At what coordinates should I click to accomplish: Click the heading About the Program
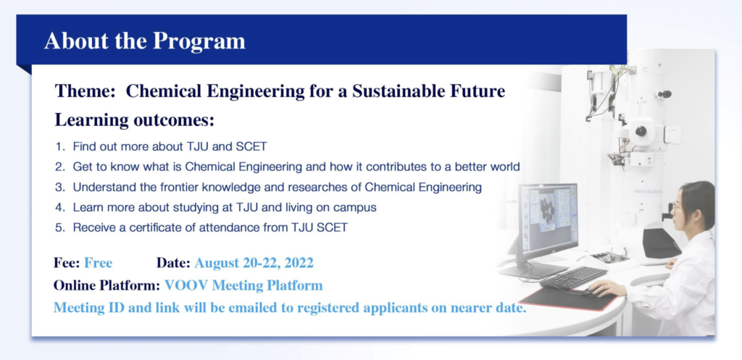145,41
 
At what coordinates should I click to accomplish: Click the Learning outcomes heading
135,120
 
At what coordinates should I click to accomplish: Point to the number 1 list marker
59,146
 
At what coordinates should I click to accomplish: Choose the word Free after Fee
98,262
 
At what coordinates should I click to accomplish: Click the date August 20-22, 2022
254,263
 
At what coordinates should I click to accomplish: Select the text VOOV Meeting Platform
243,285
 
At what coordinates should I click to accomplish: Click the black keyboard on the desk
573,277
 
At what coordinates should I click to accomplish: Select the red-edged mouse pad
568,298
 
